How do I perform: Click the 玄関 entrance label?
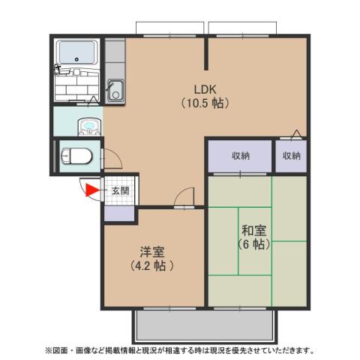120,190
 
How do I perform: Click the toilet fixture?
76,156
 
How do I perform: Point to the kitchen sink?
115,89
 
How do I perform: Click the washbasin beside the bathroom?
88,124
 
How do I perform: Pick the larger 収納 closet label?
240,156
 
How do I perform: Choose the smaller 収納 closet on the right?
291,156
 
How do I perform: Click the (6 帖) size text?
253,244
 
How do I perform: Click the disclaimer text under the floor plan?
180,350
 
